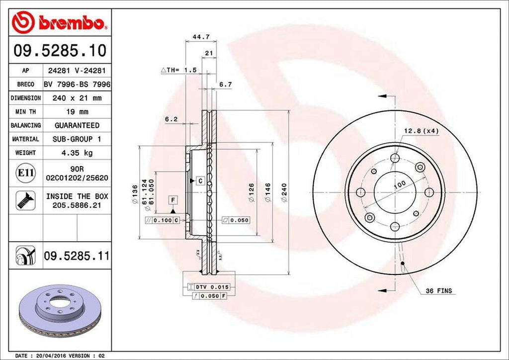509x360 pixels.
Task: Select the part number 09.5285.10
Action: (x=60, y=50)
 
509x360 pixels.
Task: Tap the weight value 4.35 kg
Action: (x=77, y=153)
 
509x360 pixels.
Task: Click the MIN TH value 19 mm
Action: (x=77, y=112)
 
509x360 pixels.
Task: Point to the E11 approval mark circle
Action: (x=25, y=173)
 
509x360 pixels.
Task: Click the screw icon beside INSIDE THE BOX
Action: (x=24, y=200)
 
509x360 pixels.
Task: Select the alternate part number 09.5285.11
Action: (x=77, y=256)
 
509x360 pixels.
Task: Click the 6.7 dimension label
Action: (x=225, y=85)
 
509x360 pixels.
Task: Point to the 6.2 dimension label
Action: (x=171, y=119)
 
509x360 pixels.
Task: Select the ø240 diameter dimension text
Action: (x=284, y=192)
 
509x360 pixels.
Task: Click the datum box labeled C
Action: (x=200, y=181)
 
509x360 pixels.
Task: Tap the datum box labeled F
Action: (x=173, y=200)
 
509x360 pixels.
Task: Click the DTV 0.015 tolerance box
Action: (x=205, y=287)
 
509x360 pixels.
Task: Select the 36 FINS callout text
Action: (x=438, y=290)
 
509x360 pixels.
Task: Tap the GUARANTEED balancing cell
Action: (x=77, y=125)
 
